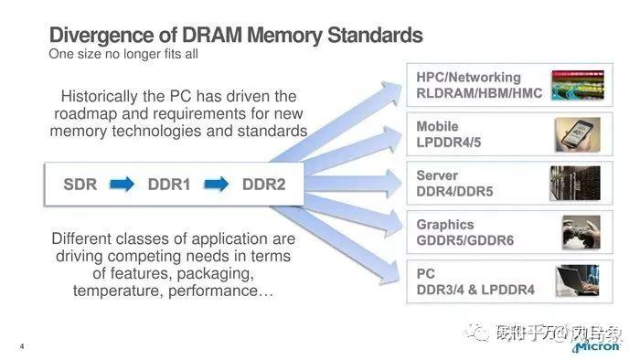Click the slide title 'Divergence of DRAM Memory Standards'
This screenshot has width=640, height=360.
(x=235, y=36)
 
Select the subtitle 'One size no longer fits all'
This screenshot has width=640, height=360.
(x=123, y=54)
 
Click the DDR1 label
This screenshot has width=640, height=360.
(x=168, y=185)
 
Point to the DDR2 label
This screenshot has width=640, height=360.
(x=263, y=185)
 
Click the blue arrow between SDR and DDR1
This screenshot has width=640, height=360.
(x=122, y=185)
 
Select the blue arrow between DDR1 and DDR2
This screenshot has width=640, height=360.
(x=217, y=185)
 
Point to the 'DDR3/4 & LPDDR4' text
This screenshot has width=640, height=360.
(x=475, y=290)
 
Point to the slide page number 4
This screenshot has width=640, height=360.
(x=20, y=346)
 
